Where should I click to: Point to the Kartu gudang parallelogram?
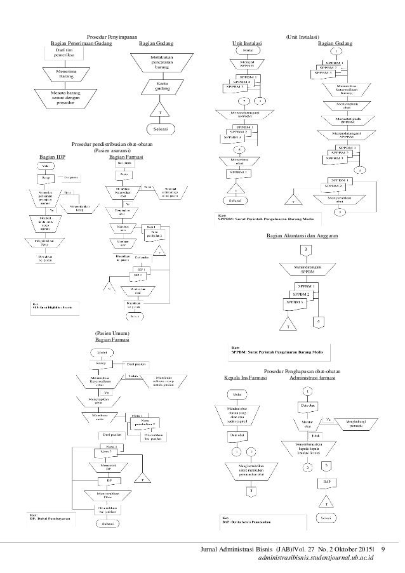162,88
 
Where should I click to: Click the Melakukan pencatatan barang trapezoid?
162,63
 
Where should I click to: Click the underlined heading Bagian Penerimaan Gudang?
81,44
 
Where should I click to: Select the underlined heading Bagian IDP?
52,156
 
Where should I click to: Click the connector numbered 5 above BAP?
325,464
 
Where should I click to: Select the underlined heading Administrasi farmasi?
312,378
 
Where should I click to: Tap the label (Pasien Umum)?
112,334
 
